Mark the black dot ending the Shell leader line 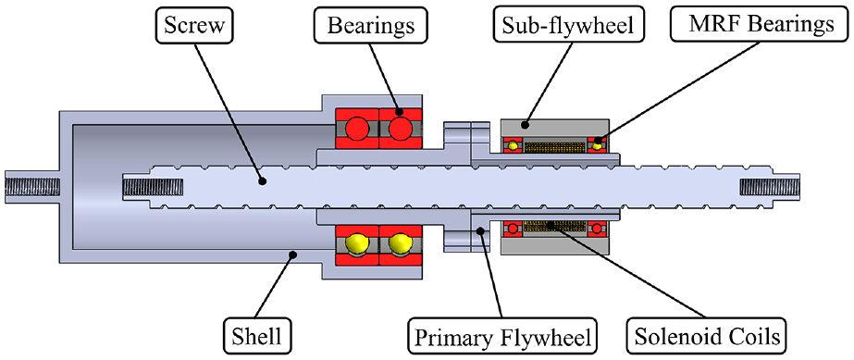coord(292,254)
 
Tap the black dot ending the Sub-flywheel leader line coord(524,125)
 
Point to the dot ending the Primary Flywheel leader coord(480,230)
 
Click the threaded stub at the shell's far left coord(32,187)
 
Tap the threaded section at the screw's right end coord(770,187)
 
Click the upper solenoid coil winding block coord(554,147)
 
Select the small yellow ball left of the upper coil coord(512,145)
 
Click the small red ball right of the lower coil coord(598,229)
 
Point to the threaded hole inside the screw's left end coord(154,187)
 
